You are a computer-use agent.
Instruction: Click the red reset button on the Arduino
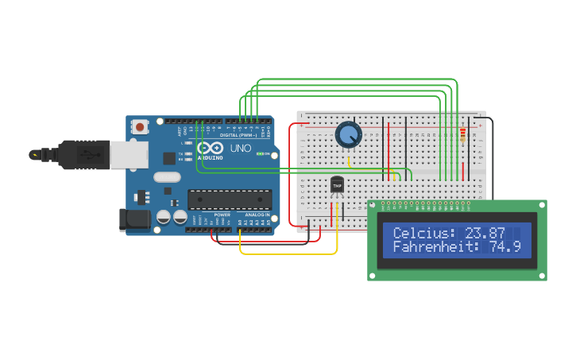(x=141, y=126)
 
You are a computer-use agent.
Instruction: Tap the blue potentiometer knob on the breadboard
(x=348, y=134)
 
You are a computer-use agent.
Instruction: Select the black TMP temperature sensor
(x=337, y=185)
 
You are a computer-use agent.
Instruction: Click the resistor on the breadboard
(x=463, y=135)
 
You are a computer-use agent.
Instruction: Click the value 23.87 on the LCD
(x=485, y=233)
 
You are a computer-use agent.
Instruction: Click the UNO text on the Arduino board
(x=240, y=149)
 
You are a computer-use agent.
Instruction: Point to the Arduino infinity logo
(x=211, y=148)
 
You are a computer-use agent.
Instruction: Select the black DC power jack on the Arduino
(x=133, y=219)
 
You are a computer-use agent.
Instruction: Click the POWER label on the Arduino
(x=222, y=215)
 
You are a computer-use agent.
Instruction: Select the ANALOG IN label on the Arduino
(x=257, y=215)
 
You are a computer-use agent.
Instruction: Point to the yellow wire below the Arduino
(x=286, y=254)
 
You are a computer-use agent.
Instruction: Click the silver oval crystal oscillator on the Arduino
(x=167, y=177)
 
